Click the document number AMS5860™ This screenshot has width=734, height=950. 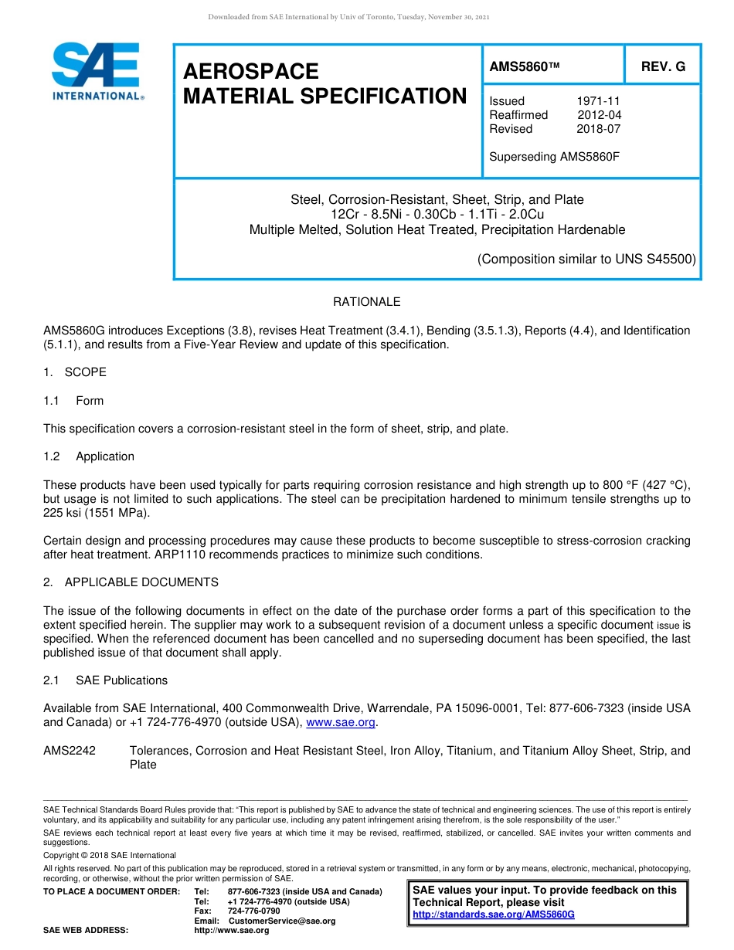524,67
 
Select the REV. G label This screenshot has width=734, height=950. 663,67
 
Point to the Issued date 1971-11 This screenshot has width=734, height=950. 598,101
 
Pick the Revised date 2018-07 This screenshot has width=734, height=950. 598,129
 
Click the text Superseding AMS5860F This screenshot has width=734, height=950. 554,157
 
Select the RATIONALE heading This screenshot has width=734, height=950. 366,302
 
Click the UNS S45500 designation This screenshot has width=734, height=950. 656,260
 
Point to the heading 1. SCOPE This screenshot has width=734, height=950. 75,372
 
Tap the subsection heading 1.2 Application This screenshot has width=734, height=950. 89,456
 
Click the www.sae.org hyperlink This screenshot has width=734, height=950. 341,723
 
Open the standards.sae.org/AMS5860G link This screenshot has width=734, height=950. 494,914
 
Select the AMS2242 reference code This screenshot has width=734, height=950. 70,751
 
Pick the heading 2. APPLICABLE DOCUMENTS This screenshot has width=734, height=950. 131,582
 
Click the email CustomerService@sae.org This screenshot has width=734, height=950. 282,921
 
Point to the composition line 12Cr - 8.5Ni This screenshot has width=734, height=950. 437,215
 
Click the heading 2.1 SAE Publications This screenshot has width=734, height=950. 105,680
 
